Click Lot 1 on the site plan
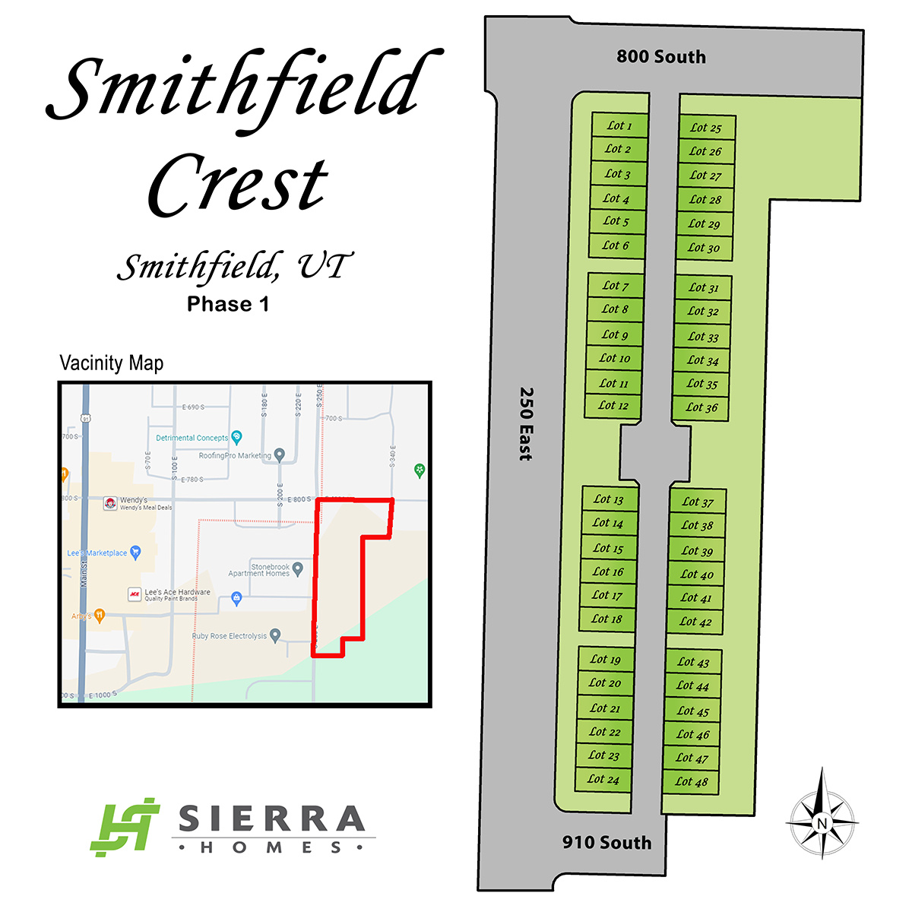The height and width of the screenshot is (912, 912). [x=619, y=125]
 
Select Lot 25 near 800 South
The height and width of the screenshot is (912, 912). [x=707, y=128]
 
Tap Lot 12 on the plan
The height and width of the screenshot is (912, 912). [x=614, y=406]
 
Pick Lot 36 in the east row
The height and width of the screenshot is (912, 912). [x=701, y=407]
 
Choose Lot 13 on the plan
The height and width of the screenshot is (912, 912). [x=609, y=499]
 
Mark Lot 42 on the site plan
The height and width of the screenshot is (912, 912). [x=695, y=622]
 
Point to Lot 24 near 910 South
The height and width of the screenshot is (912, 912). [x=603, y=779]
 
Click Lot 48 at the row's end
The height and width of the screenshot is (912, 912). [x=692, y=781]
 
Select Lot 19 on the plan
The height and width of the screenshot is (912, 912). [x=606, y=660]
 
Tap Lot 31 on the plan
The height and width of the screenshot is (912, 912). [x=704, y=287]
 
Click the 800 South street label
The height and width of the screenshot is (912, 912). [x=661, y=57]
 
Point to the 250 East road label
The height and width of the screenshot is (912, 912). [x=525, y=423]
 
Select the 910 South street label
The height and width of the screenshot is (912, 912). [x=606, y=842]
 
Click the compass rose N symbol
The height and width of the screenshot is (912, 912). [x=822, y=823]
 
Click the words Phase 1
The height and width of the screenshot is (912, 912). [x=228, y=305]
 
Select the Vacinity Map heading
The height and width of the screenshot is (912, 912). [x=112, y=363]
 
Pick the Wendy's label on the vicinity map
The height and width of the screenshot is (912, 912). [x=134, y=501]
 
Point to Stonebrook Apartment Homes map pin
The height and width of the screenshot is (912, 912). [x=298, y=568]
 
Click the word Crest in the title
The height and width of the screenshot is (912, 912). [x=238, y=185]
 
